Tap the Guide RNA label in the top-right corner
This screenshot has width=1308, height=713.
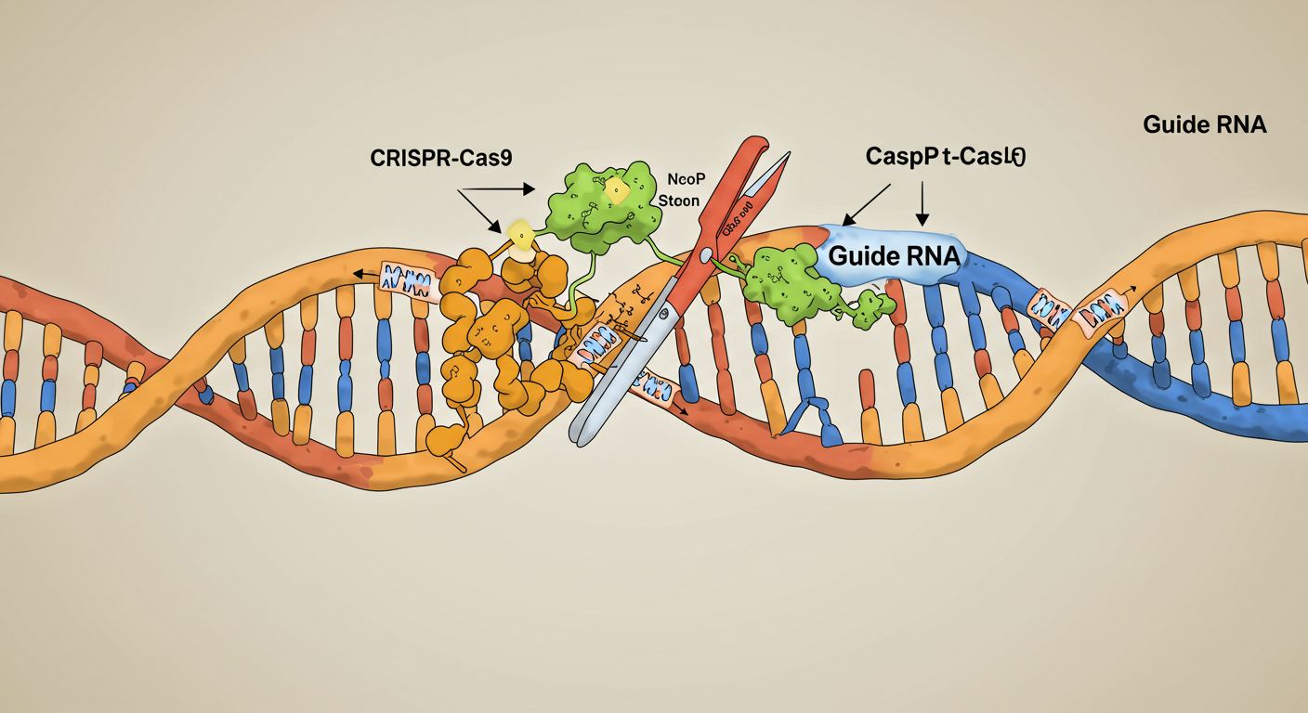tap(1204, 124)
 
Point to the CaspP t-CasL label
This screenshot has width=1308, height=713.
tap(945, 157)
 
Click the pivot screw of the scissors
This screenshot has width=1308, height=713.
tap(708, 253)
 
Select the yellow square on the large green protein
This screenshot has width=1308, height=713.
tap(615, 191)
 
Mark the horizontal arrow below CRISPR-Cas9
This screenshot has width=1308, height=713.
tap(497, 188)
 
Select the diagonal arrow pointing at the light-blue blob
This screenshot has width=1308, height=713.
tap(866, 202)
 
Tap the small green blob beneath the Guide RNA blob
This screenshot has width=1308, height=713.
tap(870, 310)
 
